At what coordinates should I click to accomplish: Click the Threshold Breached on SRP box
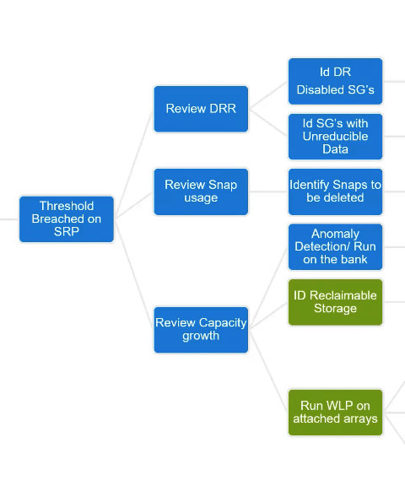(67, 219)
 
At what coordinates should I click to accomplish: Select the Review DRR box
(201, 109)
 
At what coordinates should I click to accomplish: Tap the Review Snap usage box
(201, 192)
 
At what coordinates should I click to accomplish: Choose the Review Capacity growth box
(201, 330)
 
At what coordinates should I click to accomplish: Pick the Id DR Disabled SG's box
(335, 81)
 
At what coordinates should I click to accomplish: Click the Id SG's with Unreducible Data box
(335, 137)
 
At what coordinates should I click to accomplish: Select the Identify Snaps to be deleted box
(335, 192)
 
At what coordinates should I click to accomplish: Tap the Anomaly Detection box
(335, 247)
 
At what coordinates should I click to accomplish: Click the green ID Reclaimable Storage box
(335, 302)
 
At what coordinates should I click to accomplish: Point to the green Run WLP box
(335, 413)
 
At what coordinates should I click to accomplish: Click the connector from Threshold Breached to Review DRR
(134, 164)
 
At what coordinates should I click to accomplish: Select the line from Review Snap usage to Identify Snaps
(268, 192)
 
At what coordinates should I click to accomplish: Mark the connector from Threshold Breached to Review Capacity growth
(134, 274)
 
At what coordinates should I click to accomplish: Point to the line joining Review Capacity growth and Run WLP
(268, 371)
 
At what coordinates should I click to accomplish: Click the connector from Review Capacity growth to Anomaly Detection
(268, 289)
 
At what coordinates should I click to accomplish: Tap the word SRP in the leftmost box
(67, 231)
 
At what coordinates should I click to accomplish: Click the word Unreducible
(335, 137)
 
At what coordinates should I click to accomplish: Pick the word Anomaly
(335, 234)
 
